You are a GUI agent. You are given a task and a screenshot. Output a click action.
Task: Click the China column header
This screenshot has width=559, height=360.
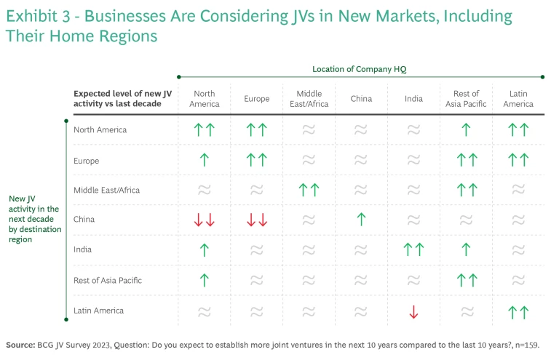[361, 99]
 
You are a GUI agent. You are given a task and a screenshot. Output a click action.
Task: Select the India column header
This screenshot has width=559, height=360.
[413, 99]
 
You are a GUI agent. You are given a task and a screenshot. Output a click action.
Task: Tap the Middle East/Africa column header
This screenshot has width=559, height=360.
[309, 99]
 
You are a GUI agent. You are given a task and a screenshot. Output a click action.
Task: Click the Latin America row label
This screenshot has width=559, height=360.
[98, 311]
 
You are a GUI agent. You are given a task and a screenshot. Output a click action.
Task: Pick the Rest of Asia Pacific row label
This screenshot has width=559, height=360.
[108, 280]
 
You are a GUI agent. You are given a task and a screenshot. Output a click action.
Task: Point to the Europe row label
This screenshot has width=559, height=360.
[87, 161]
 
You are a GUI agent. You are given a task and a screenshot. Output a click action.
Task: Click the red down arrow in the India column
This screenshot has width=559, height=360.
[413, 311]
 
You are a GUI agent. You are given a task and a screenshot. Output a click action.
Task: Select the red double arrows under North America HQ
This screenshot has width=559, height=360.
[205, 220]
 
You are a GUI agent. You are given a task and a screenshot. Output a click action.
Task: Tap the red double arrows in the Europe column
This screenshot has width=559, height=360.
[257, 220]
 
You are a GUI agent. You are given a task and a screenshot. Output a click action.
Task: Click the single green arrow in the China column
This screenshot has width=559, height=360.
[361, 220]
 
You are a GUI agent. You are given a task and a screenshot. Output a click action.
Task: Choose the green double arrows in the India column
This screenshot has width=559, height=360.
[413, 250]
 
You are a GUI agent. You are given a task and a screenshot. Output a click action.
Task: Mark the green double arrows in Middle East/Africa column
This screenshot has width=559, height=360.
[309, 190]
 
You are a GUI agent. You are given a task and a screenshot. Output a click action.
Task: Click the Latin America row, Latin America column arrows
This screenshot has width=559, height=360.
[518, 311]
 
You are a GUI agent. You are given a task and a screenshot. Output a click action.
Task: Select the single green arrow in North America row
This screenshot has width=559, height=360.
[466, 130]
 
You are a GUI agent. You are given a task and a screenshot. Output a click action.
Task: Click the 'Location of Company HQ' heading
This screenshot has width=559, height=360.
[360, 69]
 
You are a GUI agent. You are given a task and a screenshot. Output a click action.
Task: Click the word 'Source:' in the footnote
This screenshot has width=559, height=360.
[21, 345]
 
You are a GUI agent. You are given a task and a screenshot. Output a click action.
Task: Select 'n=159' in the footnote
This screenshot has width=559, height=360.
[527, 345]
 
